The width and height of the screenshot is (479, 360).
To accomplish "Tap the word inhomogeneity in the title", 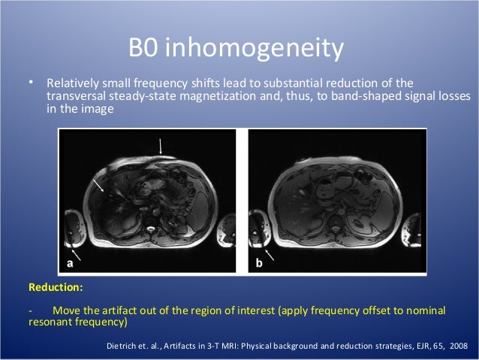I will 255,50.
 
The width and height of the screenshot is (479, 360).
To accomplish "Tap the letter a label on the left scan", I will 69,263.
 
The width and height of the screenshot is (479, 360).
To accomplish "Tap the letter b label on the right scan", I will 258,263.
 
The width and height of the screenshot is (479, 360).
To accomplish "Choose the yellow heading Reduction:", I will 56,287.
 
